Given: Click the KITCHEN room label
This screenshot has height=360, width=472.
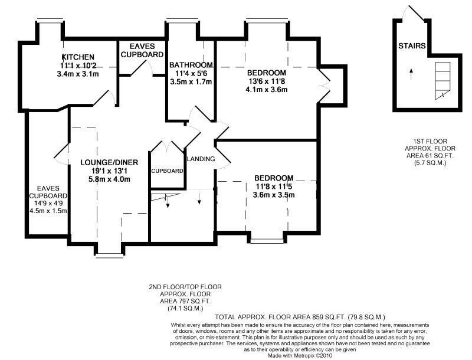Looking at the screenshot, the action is pyautogui.click(x=78, y=57).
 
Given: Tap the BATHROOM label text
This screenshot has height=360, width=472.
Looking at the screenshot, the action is pyautogui.click(x=191, y=65).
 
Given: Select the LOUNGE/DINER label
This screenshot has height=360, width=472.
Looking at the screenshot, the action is pyautogui.click(x=109, y=162).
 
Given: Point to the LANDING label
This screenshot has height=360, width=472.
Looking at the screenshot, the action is pyautogui.click(x=201, y=159).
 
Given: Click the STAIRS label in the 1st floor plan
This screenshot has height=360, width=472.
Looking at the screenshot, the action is pyautogui.click(x=412, y=46).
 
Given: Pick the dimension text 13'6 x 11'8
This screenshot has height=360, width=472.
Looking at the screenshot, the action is pyautogui.click(x=267, y=81).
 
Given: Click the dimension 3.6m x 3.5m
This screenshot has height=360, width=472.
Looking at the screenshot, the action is pyautogui.click(x=274, y=195).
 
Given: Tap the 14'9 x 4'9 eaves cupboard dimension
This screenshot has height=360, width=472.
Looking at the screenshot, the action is pyautogui.click(x=48, y=203).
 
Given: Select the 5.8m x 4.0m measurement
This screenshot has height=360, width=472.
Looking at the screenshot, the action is pyautogui.click(x=109, y=179).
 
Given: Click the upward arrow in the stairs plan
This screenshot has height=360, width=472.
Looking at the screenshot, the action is pyautogui.click(x=411, y=74).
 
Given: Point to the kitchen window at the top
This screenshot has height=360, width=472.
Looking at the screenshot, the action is pyautogui.click(x=50, y=21).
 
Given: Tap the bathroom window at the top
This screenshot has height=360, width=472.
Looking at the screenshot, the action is pyautogui.click(x=182, y=21).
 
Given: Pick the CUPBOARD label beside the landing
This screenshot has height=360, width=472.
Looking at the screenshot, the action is pyautogui.click(x=167, y=171).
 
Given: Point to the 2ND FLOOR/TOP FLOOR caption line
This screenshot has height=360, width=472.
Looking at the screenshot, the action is pyautogui.click(x=185, y=287).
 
